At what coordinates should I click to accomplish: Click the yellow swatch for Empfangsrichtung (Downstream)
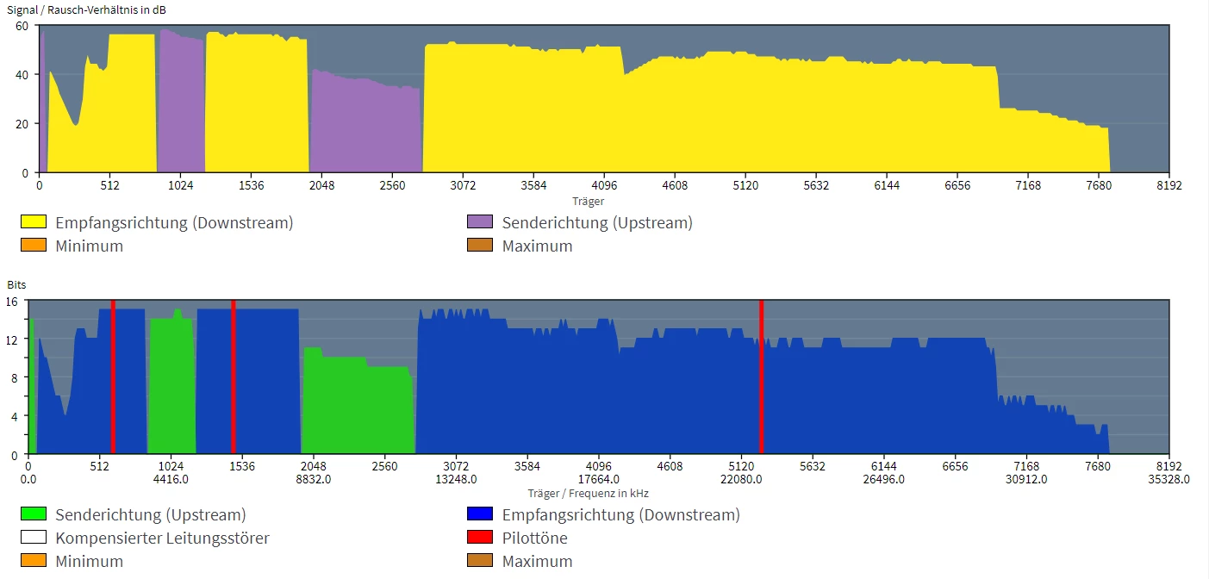click(x=33, y=222)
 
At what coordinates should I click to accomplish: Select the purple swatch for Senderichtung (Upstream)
click(x=479, y=222)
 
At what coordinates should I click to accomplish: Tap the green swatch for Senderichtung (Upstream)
click(x=33, y=514)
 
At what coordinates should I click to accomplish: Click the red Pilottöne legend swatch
click(x=479, y=538)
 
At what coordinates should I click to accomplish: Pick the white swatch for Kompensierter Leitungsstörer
click(x=33, y=538)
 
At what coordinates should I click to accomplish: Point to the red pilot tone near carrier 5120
click(x=761, y=379)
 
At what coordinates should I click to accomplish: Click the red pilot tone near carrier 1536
click(x=234, y=379)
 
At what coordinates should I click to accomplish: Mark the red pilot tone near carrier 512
click(x=113, y=379)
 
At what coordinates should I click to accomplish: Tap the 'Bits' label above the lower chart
click(x=16, y=283)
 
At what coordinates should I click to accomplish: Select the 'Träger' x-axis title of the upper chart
click(x=589, y=201)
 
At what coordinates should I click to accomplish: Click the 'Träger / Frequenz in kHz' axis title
click(x=589, y=494)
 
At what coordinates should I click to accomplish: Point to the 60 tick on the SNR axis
click(x=22, y=26)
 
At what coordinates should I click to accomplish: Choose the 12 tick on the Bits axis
click(x=12, y=339)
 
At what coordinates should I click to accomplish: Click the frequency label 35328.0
click(x=1168, y=480)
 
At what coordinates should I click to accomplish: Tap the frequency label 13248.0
click(x=456, y=480)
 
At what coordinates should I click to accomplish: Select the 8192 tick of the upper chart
click(x=1168, y=185)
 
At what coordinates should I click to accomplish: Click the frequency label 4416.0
click(x=171, y=480)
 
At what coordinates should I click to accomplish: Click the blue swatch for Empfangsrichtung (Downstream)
click(x=479, y=514)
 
